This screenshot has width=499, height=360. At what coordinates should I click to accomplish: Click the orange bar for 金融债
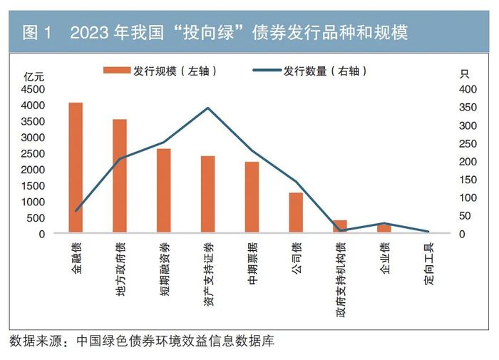pyautogui.click(x=76, y=168)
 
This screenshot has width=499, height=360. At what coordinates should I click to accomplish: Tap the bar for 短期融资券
pyautogui.click(x=164, y=190)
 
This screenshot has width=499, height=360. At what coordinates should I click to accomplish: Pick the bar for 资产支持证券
pyautogui.click(x=207, y=194)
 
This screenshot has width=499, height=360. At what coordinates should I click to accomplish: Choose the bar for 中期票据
pyautogui.click(x=252, y=197)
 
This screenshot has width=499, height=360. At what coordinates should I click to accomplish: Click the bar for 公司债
pyautogui.click(x=296, y=212)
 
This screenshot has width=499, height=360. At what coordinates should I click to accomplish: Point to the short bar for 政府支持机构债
pyautogui.click(x=340, y=227)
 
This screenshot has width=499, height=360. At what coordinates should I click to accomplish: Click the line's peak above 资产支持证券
pyautogui.click(x=207, y=108)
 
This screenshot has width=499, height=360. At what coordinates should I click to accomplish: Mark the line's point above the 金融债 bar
pyautogui.click(x=76, y=210)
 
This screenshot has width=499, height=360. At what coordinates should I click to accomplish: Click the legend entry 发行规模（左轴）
pyautogui.click(x=160, y=71)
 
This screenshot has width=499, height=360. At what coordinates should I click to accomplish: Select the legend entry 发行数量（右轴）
pyautogui.click(x=310, y=71)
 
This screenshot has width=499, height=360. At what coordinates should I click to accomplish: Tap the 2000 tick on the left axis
pyautogui.click(x=33, y=170)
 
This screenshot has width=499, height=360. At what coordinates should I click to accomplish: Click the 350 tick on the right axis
pyautogui.click(x=467, y=108)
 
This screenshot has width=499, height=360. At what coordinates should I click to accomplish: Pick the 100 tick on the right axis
pyautogui.click(x=467, y=197)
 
